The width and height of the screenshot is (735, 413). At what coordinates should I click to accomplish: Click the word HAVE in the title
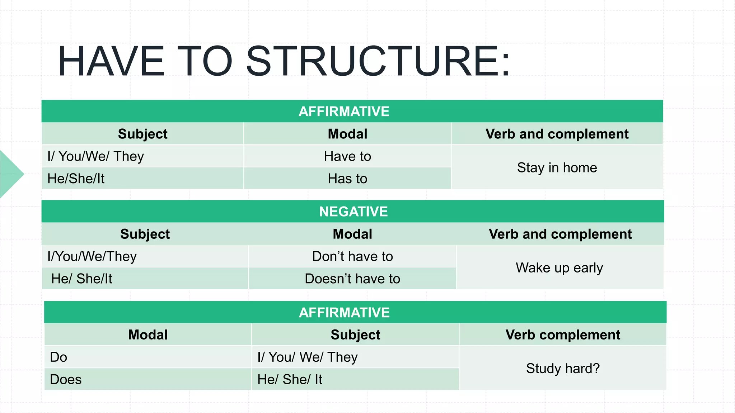pos(111,61)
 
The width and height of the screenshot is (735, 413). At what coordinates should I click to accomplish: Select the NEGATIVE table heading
pos(353,212)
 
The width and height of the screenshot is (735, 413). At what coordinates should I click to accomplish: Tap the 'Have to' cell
pos(347,156)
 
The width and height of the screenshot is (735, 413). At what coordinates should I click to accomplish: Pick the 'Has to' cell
pos(347,179)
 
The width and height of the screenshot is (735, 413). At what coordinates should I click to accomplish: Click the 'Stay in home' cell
pos(557,167)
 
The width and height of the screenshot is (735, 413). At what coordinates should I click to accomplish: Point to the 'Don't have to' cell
pos(352,256)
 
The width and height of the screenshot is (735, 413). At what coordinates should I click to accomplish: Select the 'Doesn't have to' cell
pos(352,279)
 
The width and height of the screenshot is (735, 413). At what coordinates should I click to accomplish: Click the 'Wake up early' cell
pos(559,267)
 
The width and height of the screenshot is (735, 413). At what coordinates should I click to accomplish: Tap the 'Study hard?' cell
pos(563,368)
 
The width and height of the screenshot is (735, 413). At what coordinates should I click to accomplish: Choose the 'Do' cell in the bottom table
pos(58,357)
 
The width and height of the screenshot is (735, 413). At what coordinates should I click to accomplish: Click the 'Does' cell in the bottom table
pos(66,379)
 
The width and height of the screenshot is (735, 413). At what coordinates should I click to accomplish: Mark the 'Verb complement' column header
pos(563,335)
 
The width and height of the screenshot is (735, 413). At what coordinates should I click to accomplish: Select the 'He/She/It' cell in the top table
pos(76,179)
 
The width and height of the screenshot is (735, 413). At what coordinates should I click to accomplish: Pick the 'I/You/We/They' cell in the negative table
pos(92,256)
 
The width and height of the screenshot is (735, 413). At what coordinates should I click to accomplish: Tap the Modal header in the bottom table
pos(148,335)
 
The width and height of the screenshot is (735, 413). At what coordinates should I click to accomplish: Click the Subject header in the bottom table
pos(355,335)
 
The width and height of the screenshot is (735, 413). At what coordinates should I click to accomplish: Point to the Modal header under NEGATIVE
pos(352,234)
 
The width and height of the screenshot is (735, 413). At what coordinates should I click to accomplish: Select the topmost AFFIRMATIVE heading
pos(344,111)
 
